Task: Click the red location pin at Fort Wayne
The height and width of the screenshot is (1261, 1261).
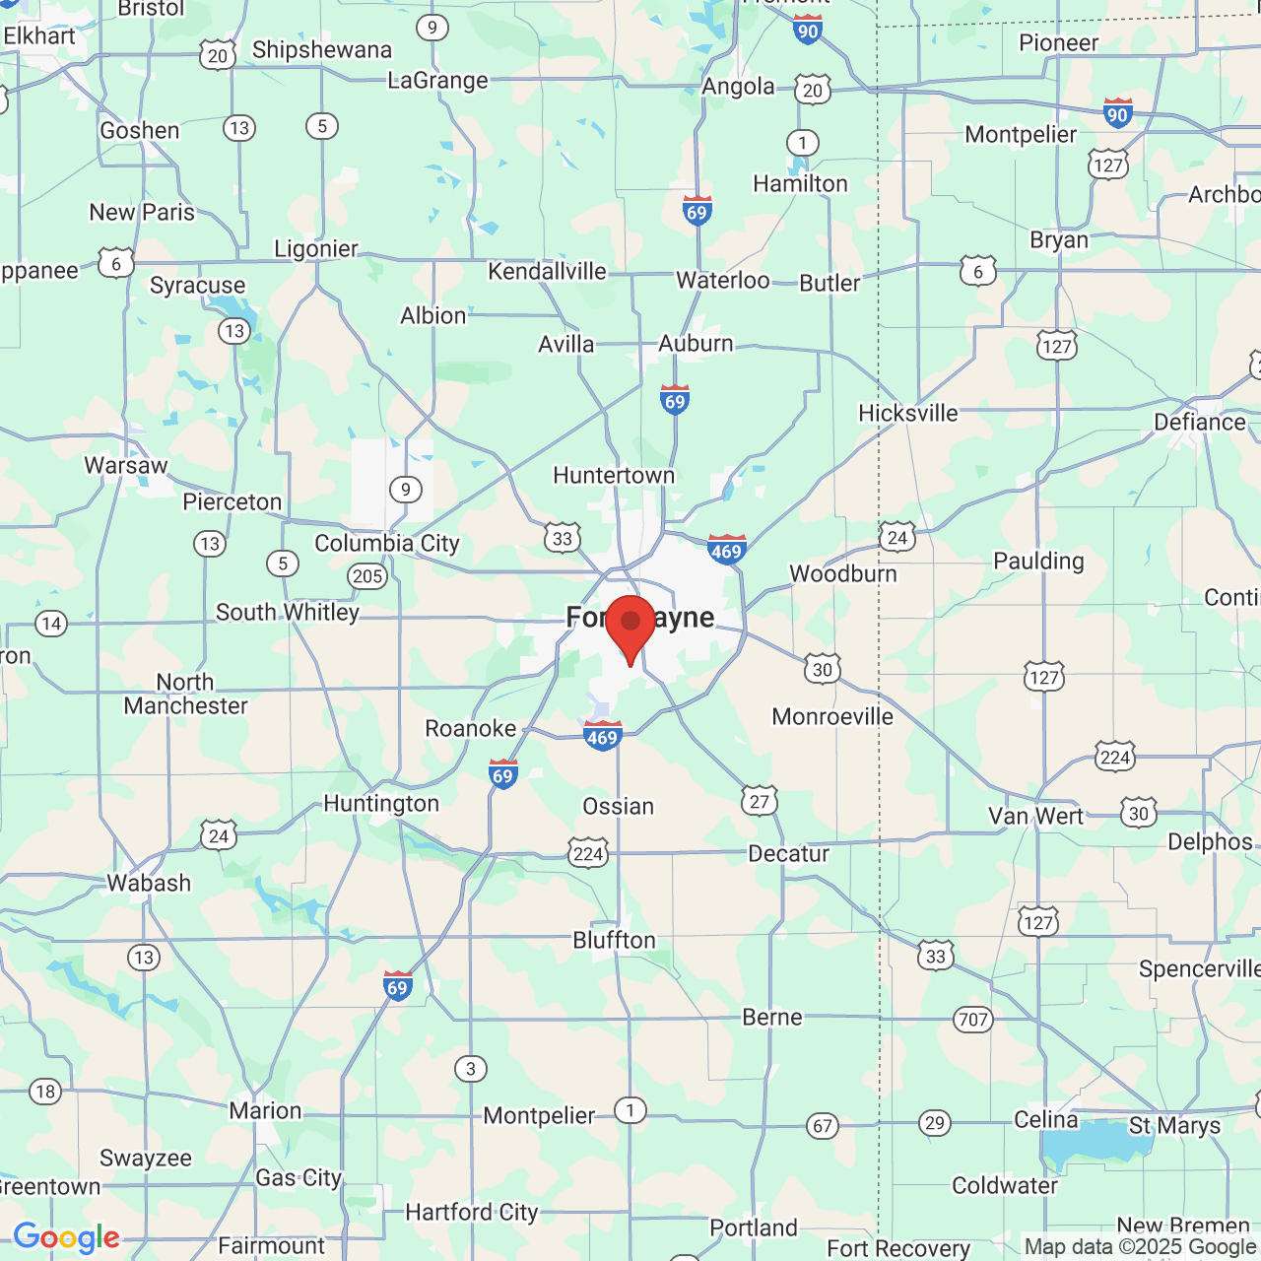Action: (x=630, y=627)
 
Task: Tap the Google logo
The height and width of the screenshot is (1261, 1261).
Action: (x=66, y=1237)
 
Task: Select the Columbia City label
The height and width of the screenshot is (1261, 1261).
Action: (x=387, y=544)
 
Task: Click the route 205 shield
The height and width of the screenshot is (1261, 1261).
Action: (x=367, y=576)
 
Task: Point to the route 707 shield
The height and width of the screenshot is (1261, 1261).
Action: (x=973, y=1020)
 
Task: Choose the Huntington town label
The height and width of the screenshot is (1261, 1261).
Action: (x=381, y=804)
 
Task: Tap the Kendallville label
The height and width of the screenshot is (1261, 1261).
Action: (x=547, y=271)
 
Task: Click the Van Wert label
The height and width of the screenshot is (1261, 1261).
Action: (x=1035, y=816)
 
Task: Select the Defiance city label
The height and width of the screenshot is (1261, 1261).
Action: (x=1200, y=423)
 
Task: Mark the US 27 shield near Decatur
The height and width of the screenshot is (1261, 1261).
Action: (x=760, y=801)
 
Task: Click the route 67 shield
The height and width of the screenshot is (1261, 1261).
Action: (x=823, y=1125)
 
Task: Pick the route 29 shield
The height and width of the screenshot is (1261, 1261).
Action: (x=935, y=1123)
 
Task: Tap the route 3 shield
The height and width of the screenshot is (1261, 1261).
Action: (x=471, y=1069)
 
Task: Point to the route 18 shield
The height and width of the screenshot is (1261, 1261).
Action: (x=45, y=1092)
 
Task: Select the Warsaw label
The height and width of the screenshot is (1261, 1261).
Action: (x=126, y=465)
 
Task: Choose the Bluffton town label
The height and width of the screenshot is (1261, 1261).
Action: (x=615, y=941)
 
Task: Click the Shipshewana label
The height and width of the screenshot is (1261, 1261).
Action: (x=322, y=50)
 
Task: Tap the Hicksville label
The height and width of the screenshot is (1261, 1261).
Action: (x=908, y=414)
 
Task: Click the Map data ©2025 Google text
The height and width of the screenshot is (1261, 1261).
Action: (x=1140, y=1247)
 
